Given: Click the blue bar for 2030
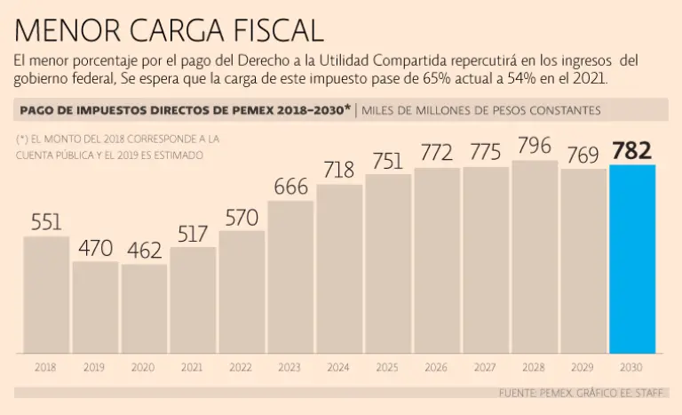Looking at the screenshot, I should [632, 259].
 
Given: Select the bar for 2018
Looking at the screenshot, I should [46, 294].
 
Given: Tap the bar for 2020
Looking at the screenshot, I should [144, 308].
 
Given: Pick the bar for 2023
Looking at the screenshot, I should [290, 276].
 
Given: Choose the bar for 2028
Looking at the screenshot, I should [535, 257].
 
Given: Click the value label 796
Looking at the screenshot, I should [535, 146].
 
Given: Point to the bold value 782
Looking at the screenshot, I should [632, 150].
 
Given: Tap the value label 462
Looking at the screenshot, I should [144, 251].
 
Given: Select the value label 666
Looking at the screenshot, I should [290, 187].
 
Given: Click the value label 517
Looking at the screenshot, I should [193, 234].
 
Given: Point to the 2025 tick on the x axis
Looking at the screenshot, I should [388, 366].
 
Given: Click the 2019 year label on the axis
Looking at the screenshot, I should [95, 366].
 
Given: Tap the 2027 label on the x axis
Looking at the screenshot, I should [486, 366].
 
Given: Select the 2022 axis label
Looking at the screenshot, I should [242, 366].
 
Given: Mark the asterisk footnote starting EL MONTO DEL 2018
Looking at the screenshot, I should [115, 147].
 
